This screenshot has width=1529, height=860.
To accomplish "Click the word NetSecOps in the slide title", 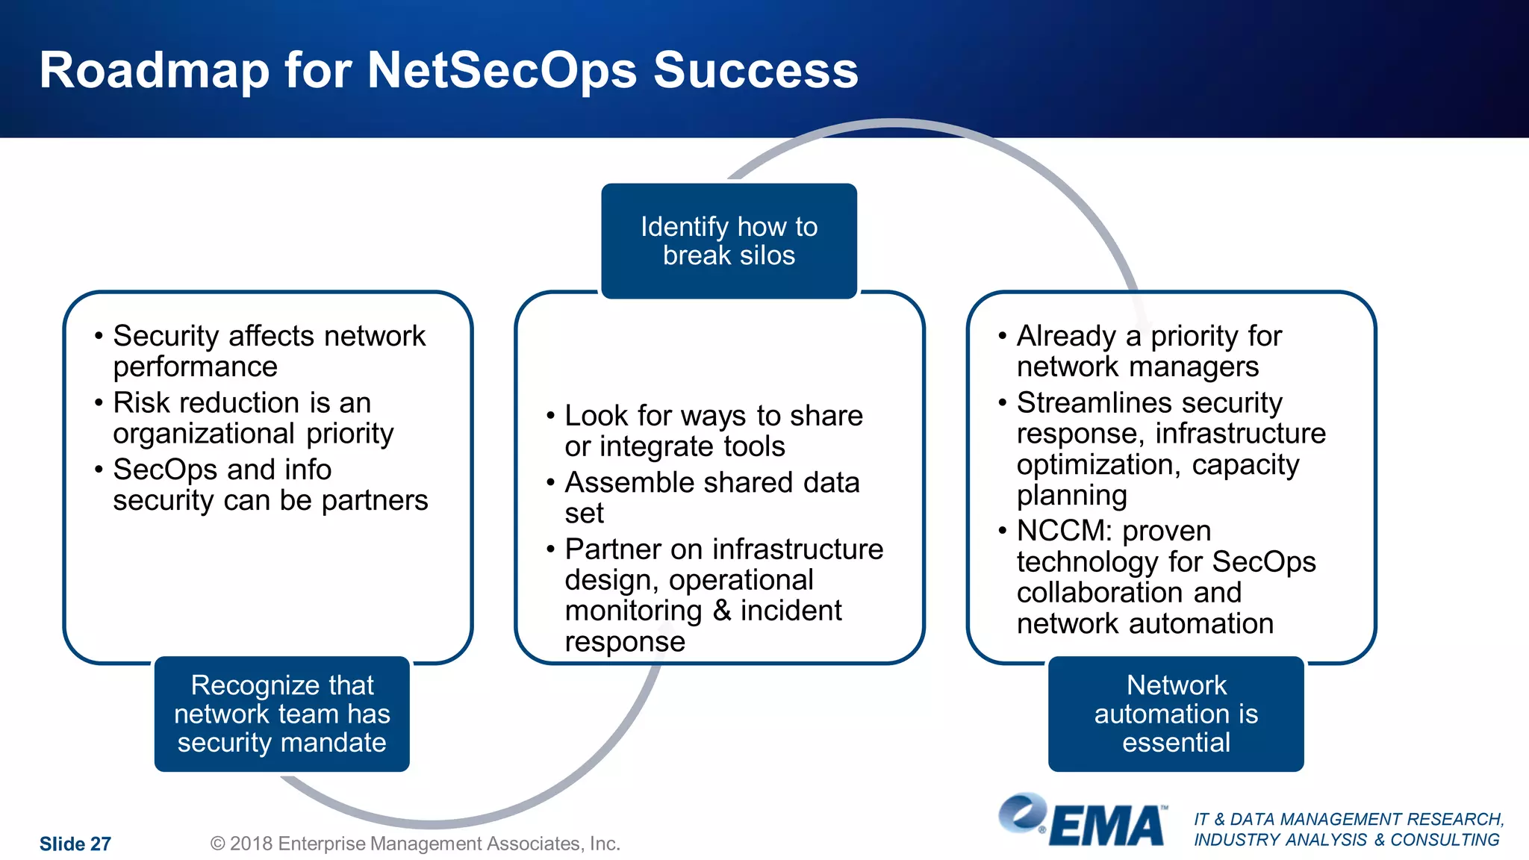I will click(502, 70).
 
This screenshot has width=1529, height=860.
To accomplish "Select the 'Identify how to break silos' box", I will click(729, 240).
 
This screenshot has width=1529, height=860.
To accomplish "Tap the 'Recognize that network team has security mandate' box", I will click(281, 714).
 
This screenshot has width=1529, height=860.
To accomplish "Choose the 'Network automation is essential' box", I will click(1176, 714).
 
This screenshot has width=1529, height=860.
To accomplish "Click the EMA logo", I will click(1083, 822).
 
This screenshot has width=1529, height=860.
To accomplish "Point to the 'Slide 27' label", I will click(75, 844).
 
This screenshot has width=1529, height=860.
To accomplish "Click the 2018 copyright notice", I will click(415, 844).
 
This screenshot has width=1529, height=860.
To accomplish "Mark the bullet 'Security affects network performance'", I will click(269, 351).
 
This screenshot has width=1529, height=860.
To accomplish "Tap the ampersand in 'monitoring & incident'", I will click(721, 611).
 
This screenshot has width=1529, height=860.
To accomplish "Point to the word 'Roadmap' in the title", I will click(154, 70).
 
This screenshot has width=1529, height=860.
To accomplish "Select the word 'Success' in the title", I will click(756, 70).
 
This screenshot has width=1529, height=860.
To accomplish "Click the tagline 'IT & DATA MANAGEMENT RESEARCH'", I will click(1348, 819).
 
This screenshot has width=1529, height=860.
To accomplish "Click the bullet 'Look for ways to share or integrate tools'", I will click(713, 431).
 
